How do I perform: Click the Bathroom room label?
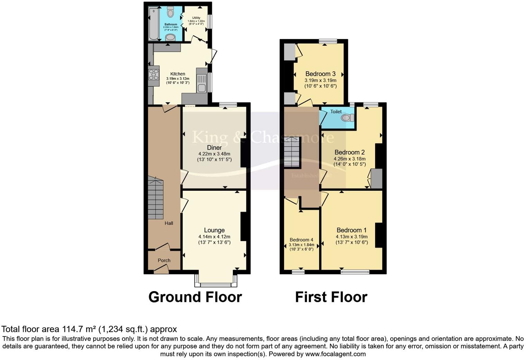coord(171,25)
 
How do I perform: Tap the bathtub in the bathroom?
coord(153,24)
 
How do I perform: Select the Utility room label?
coord(196,18)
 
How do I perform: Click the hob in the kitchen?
coord(154,74)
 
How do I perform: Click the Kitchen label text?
coord(178,74)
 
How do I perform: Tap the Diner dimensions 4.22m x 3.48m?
coord(214,154)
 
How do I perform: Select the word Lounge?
coord(214,230)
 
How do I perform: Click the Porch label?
coord(164,260)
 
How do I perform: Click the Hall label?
coord(169,223)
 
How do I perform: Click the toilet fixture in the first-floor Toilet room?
coord(347,118)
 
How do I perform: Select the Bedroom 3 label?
coord(320,74)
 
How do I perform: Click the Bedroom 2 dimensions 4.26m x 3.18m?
coord(350,159)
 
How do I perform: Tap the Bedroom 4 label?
coord(301,240)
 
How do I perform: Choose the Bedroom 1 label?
coord(352,230)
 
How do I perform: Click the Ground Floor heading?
coord(195,297)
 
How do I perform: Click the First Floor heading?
coord(331,297)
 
